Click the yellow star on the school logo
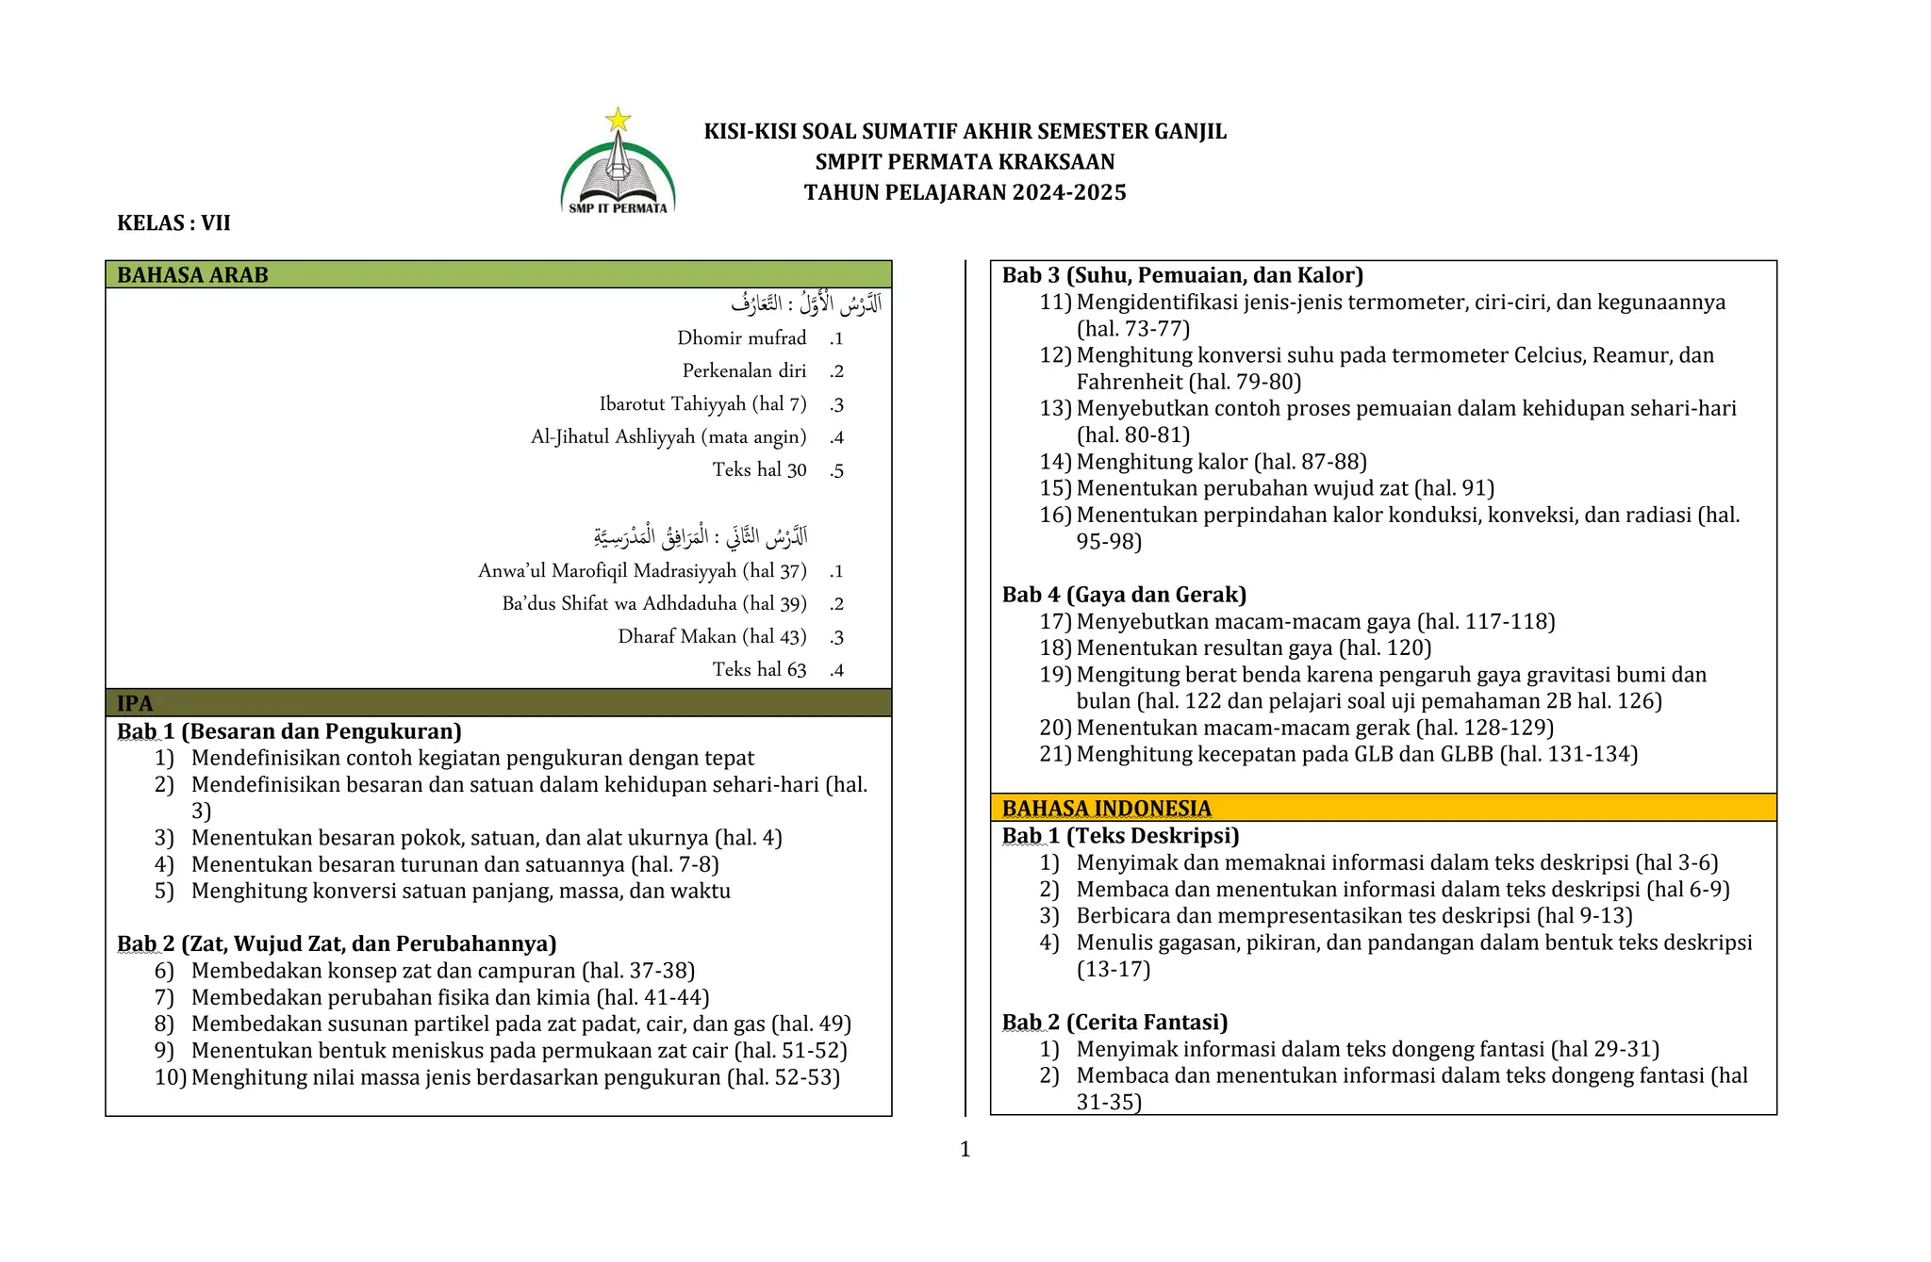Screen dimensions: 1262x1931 [x=618, y=120]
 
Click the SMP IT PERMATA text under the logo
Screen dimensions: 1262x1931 [x=618, y=208]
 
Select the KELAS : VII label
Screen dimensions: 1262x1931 [x=173, y=223]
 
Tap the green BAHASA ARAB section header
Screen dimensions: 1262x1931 [x=498, y=275]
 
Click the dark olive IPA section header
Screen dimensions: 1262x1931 [x=498, y=703]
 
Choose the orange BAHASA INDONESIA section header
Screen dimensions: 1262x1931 [x=1382, y=808]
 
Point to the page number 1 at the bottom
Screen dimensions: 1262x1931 [x=965, y=1149]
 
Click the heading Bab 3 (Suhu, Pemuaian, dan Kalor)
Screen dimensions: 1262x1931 [x=1182, y=275]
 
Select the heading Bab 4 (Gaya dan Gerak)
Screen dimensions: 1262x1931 [x=1124, y=595]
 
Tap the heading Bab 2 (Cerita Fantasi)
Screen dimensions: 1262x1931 [x=1114, y=1023]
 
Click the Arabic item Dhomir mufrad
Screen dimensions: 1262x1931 [x=741, y=338]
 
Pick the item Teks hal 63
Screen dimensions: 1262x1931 [x=759, y=670]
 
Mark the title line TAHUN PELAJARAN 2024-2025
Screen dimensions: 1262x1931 [x=965, y=192]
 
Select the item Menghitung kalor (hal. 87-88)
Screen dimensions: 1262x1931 [x=1221, y=462]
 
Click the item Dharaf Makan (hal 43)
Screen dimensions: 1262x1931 [x=712, y=637]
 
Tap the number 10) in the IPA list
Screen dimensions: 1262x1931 [x=170, y=1077]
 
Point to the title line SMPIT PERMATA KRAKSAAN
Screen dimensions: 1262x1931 [x=965, y=162]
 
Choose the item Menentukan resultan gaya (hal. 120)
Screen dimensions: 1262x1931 [x=1253, y=648]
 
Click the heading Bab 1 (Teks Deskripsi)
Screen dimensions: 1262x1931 [x=1120, y=836]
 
